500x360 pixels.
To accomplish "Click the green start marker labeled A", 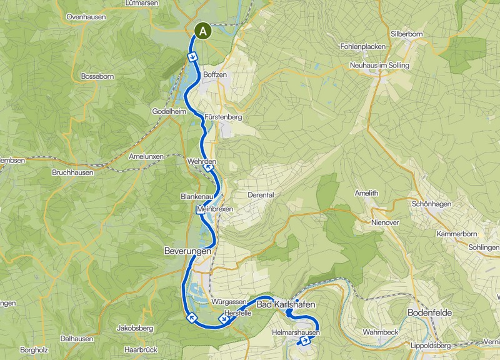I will [203, 30].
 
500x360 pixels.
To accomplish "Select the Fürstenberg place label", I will [222, 117].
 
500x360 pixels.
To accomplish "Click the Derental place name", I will [261, 194].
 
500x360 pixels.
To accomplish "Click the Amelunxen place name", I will [146, 156].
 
